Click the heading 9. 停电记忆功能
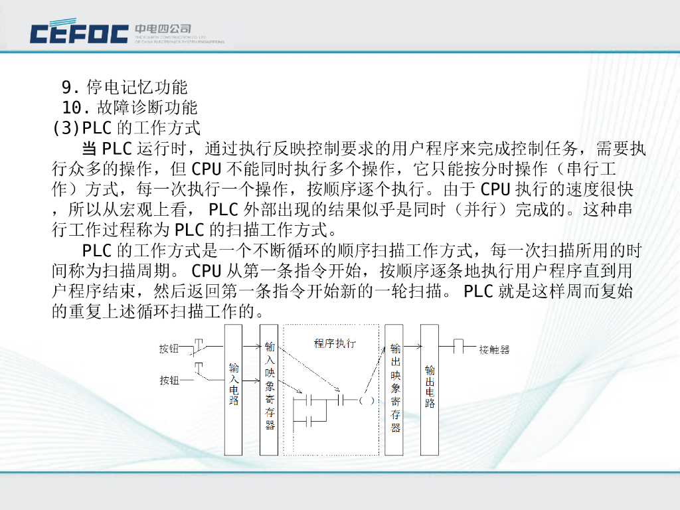125,87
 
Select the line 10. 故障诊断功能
130,107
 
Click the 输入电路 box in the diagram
233,389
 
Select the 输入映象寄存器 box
269,389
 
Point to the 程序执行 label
334,343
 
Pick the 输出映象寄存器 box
394,389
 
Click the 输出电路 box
430,389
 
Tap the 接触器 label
494,349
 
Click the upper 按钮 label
169,349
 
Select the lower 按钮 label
169,381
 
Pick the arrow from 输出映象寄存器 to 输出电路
412,346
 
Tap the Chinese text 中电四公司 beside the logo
163,29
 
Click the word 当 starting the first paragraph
90,147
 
